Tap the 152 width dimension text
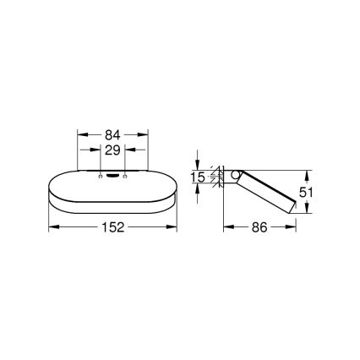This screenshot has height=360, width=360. point(113,226)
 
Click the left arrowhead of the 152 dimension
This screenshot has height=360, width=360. point(52,226)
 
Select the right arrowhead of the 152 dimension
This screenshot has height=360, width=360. point(175,226)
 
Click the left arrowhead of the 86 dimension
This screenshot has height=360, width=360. point(226,226)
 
